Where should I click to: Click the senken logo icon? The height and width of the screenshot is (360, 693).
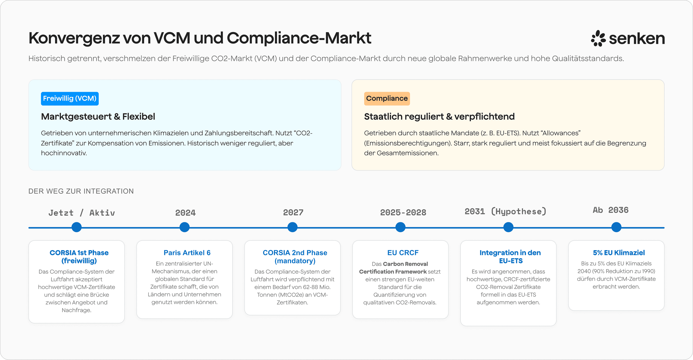tap(598, 38)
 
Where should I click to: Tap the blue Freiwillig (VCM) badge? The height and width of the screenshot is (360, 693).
tap(70, 98)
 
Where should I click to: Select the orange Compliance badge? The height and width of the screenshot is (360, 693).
tap(387, 98)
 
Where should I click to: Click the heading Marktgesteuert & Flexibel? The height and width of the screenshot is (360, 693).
tap(98, 116)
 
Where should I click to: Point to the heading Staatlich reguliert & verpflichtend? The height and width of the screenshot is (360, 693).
tap(439, 116)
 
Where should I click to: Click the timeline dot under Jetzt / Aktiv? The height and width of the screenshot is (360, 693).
tap(77, 227)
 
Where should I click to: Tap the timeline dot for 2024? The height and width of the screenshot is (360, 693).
tap(185, 227)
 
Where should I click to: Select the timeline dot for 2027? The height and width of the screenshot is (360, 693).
tap(292, 227)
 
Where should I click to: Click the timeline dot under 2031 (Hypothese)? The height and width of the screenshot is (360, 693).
tap(508, 227)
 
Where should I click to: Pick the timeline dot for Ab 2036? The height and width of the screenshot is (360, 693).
tap(616, 227)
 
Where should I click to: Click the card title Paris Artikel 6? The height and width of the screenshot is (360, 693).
tap(187, 253)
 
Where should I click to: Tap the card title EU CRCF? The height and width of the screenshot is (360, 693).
tap(403, 253)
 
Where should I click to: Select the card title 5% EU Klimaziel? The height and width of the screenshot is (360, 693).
tap(619, 253)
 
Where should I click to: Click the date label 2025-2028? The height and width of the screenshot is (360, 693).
tap(403, 212)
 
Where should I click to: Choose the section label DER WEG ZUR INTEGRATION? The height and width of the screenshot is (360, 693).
tap(81, 191)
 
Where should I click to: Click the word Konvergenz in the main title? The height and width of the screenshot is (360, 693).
tap(74, 38)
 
